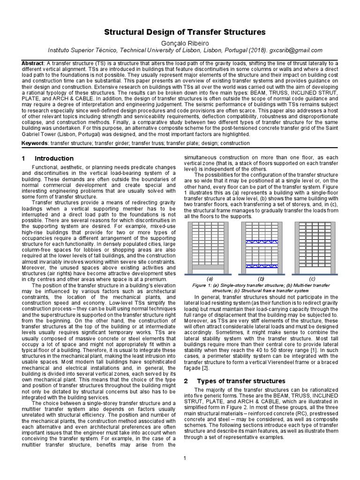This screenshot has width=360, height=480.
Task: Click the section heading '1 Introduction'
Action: pos(47,158)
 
